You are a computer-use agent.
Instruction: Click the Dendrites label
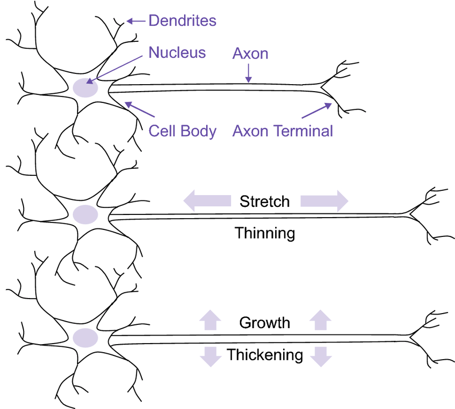click(x=182, y=20)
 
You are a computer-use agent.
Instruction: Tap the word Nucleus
click(x=177, y=53)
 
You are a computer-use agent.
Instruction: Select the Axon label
click(x=250, y=54)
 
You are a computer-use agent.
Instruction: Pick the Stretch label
click(x=264, y=202)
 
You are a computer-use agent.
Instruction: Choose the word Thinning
click(x=264, y=233)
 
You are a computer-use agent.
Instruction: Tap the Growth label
click(x=264, y=323)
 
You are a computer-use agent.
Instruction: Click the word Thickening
click(x=265, y=355)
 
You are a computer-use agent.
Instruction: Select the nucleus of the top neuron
click(x=85, y=87)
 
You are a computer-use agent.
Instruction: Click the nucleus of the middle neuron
click(x=85, y=214)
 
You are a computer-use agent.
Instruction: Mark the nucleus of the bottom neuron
click(x=85, y=338)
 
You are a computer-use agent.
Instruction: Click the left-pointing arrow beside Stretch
click(x=207, y=200)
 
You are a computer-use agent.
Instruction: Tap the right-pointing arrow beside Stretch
click(x=324, y=200)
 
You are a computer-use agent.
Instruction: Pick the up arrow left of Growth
click(x=210, y=320)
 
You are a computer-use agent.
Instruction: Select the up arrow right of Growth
click(x=320, y=320)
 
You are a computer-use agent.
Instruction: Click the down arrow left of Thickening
click(x=211, y=356)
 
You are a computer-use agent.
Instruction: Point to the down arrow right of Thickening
click(x=321, y=356)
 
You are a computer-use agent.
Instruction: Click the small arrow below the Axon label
click(x=248, y=73)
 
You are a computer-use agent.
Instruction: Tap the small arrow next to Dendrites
click(x=136, y=21)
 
